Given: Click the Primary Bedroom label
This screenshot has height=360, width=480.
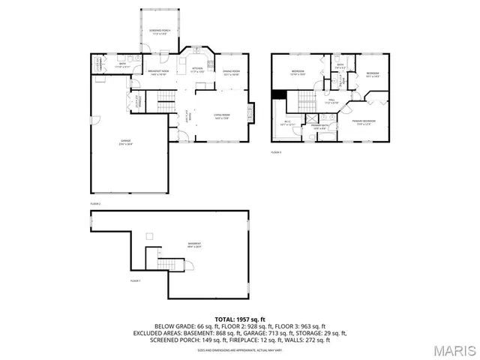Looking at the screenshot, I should [364, 121].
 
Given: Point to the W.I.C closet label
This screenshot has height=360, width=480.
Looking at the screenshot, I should [288, 123].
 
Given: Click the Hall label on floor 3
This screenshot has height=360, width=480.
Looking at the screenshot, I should [331, 101].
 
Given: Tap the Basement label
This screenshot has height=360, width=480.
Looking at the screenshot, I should [194, 245].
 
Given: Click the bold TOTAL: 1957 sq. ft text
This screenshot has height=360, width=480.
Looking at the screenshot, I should [239, 319].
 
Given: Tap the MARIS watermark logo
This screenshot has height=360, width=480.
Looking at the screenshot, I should [452, 350].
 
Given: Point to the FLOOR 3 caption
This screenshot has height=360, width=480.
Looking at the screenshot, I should [275, 152].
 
